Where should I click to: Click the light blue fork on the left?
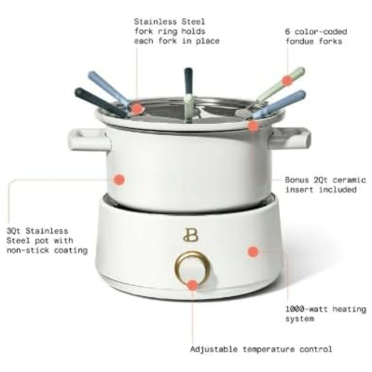[x=110, y=89]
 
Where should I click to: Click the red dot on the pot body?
[x=119, y=179]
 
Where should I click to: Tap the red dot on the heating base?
[x=253, y=251]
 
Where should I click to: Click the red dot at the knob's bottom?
[x=193, y=285]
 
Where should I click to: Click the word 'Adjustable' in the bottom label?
[x=214, y=349]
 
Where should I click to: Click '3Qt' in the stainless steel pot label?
[x=13, y=231]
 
